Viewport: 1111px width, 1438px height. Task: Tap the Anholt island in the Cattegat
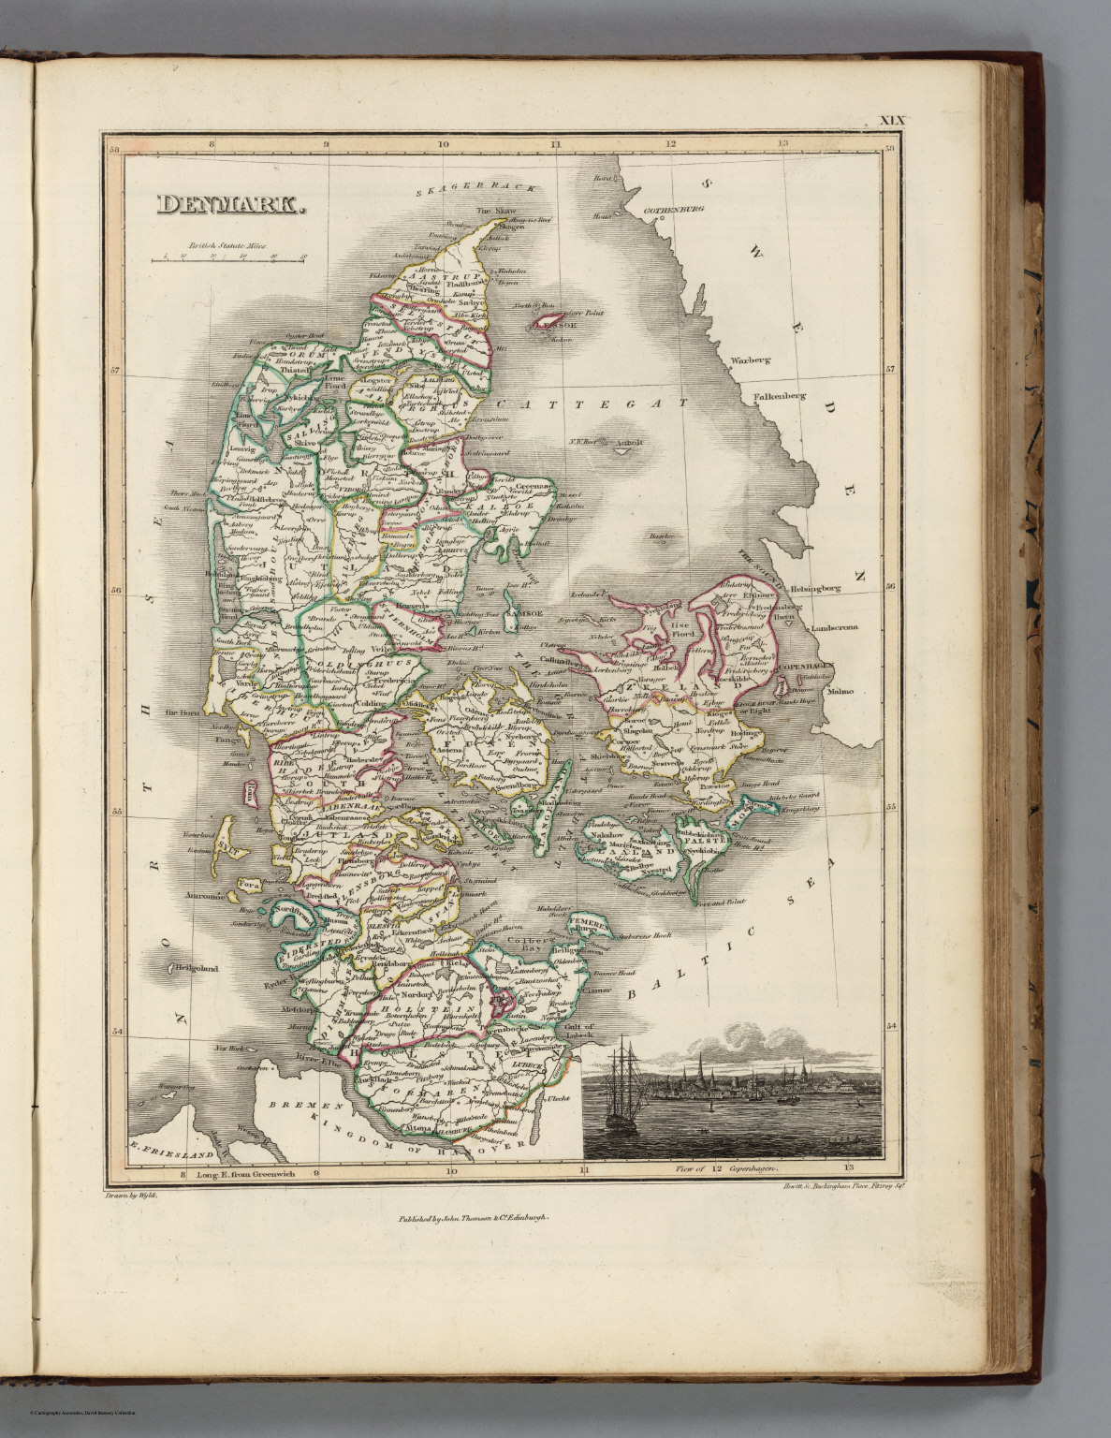[x=619, y=447]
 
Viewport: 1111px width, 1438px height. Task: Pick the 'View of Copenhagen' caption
[x=726, y=1168]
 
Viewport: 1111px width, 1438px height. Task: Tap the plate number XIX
[x=894, y=122]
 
